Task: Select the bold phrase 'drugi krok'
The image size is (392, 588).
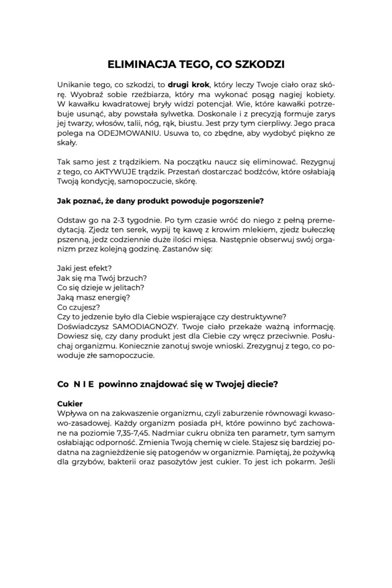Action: click(189, 85)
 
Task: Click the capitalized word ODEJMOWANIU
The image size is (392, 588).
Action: click(129, 133)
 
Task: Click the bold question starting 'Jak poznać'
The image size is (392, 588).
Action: click(160, 201)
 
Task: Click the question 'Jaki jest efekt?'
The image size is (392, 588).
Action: click(84, 269)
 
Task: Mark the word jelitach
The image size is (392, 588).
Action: click(129, 288)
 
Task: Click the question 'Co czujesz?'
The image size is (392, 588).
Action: click(78, 307)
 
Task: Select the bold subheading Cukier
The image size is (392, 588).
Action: click(70, 404)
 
